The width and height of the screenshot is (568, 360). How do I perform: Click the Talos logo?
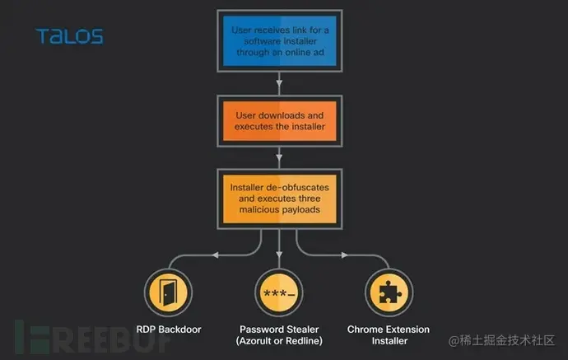pos(69,36)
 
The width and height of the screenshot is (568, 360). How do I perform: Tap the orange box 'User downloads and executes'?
pos(280,121)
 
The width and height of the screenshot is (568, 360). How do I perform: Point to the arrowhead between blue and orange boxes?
pos(280,83)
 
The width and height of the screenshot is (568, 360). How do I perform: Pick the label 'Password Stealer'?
pos(280,330)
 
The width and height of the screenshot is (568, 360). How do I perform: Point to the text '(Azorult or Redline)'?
pos(280,341)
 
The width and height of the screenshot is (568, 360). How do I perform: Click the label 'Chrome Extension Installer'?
pos(389,335)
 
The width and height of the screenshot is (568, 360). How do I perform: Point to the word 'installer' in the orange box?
pos(306,127)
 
